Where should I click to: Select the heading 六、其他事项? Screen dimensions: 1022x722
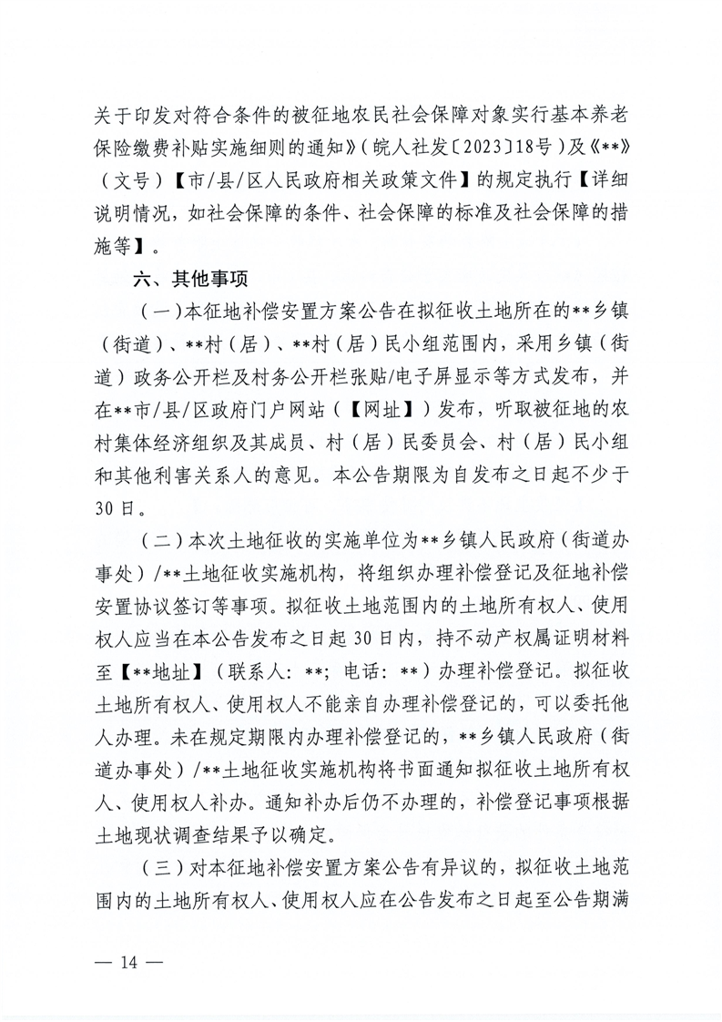[x=193, y=273]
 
